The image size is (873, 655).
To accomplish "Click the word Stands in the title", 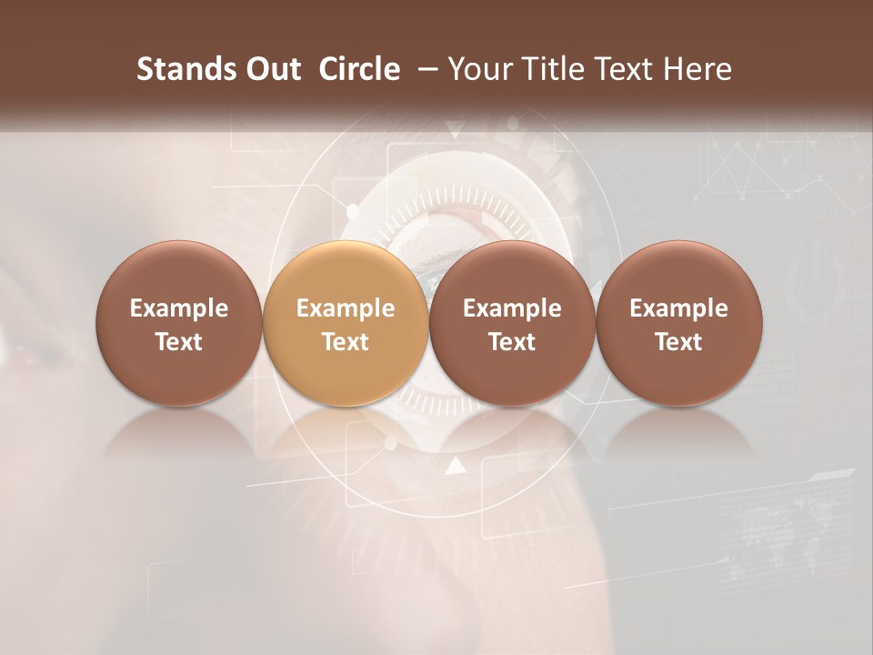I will click(x=180, y=69).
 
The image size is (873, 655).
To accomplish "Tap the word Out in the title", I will click(x=270, y=69).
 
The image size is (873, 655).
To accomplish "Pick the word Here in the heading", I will click(x=698, y=69).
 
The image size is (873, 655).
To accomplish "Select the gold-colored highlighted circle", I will click(x=346, y=324).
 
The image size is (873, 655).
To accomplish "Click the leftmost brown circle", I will click(x=179, y=324).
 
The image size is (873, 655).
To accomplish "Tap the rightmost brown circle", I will click(x=679, y=324).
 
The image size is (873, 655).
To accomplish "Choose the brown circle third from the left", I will click(x=512, y=324).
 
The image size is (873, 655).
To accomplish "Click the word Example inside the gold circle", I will click(x=346, y=308).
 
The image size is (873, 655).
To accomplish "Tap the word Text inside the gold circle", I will click(x=346, y=342).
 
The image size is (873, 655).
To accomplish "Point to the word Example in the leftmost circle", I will click(x=179, y=308).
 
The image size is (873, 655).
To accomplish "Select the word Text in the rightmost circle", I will click(x=679, y=342).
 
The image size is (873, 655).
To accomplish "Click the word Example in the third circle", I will click(x=512, y=308).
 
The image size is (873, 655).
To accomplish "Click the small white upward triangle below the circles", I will click(x=456, y=467).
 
